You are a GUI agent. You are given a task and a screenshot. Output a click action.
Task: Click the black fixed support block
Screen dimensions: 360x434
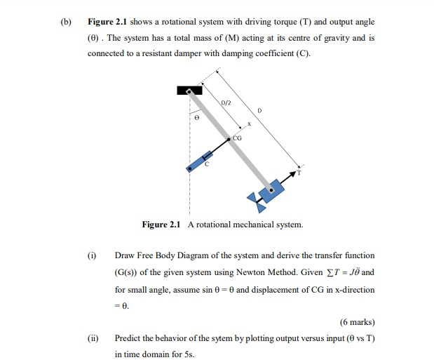[189, 90]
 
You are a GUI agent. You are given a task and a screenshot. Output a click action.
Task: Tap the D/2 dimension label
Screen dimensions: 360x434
[226, 103]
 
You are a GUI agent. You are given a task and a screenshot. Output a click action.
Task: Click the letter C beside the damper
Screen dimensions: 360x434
[206, 164]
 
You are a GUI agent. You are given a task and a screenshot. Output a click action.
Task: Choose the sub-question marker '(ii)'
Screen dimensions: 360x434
[91, 340]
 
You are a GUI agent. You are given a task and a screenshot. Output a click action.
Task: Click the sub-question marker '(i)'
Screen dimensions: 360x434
[90, 255]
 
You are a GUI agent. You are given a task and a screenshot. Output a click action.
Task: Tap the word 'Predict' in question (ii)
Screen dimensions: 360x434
[128, 340]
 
